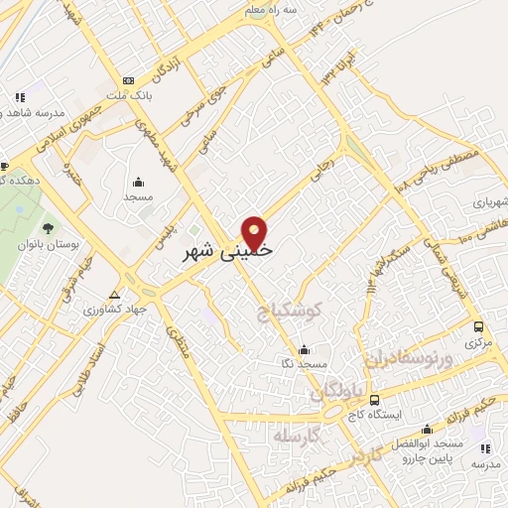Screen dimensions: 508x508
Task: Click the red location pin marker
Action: tap(257, 232)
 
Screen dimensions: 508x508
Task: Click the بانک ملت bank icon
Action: tap(127, 80)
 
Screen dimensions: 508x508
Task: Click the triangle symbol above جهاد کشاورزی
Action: tap(114, 295)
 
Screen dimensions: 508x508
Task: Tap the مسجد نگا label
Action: tap(304, 365)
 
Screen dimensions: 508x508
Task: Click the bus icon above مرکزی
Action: tap(479, 326)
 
